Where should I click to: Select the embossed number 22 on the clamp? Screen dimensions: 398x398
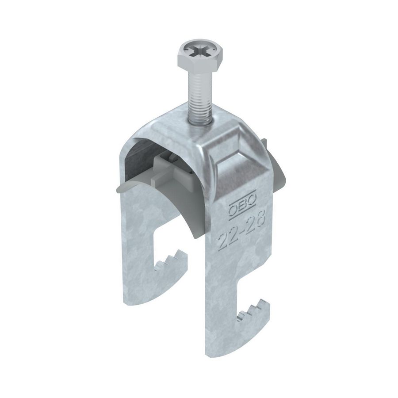pos(226,240)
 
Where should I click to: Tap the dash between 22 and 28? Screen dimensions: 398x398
pos(241,231)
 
